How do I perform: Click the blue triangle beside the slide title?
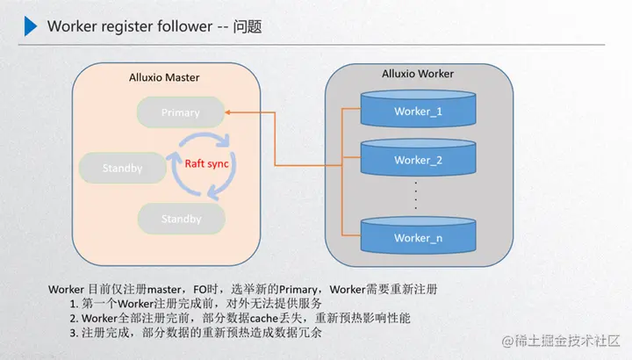(30, 26)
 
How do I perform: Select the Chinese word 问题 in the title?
(248, 26)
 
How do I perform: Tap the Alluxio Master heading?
(164, 77)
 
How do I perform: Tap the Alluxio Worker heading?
(418, 74)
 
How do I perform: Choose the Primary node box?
(181, 112)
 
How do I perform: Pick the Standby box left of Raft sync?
(123, 168)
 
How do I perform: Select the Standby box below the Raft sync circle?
(182, 219)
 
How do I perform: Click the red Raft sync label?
(206, 163)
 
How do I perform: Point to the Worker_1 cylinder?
(418, 109)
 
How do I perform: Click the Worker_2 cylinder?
(418, 157)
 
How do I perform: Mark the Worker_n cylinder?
(418, 235)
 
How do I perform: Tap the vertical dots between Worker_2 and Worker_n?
(416, 196)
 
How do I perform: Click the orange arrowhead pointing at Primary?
(227, 112)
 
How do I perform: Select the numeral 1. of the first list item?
(74, 304)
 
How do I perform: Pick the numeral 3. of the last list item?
(74, 333)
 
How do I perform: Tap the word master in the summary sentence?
(164, 290)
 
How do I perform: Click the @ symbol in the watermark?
(507, 342)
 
